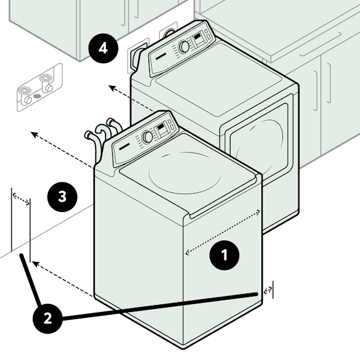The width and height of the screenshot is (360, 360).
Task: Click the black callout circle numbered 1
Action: pyautogui.click(x=224, y=255)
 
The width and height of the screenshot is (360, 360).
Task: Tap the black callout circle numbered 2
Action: pyautogui.click(x=47, y=319)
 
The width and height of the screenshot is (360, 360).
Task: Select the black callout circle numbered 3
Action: pyautogui.click(x=62, y=197)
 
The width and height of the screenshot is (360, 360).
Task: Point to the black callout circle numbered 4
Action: pyautogui.click(x=104, y=48)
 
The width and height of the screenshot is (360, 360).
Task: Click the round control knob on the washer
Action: pyautogui.click(x=147, y=137)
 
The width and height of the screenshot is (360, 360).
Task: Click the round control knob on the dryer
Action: pyautogui.click(x=184, y=47)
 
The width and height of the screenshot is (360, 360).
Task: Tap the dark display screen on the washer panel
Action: pyautogui.click(x=160, y=127)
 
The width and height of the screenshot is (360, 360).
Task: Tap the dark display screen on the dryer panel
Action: pyautogui.click(x=197, y=36)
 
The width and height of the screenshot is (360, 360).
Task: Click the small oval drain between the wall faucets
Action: pyautogui.click(x=36, y=96)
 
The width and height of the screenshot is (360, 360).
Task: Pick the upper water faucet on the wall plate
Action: pyautogui.click(x=46, y=82)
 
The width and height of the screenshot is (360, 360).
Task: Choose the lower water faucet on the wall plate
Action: pyautogui.click(x=25, y=95)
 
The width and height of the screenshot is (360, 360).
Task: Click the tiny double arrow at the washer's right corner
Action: pyautogui.click(x=268, y=290)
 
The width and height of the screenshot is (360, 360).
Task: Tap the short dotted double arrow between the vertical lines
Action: pyautogui.click(x=21, y=199)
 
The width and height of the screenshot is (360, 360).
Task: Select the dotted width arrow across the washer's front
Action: pyautogui.click(x=223, y=232)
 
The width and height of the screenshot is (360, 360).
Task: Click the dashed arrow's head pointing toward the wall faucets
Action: pyautogui.click(x=35, y=134)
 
